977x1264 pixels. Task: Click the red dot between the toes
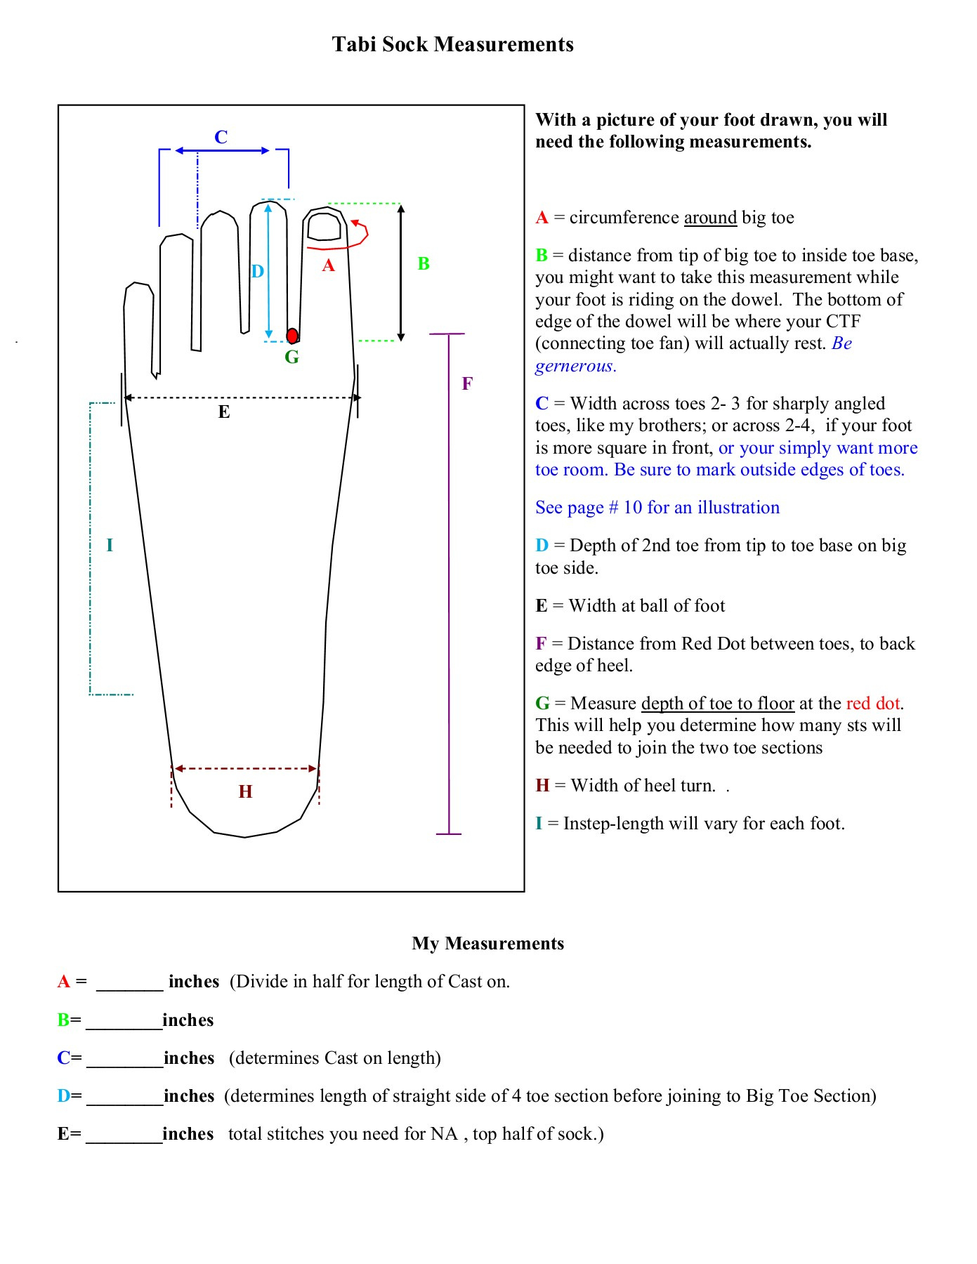point(292,336)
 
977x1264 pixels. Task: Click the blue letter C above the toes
point(221,137)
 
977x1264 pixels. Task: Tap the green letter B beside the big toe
point(424,264)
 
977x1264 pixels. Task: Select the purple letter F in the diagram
point(467,383)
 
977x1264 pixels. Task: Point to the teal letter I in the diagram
point(110,545)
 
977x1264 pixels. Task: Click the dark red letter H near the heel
point(245,792)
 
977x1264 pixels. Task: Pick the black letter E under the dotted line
point(224,412)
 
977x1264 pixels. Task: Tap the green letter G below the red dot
point(291,357)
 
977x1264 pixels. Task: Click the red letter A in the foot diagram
point(328,265)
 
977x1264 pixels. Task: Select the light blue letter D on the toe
point(258,272)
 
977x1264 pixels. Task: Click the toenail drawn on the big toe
point(324,227)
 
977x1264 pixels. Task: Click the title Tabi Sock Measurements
point(452,44)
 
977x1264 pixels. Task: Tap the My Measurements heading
point(487,943)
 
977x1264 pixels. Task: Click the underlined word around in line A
point(710,218)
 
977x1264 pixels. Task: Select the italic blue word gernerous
point(575,366)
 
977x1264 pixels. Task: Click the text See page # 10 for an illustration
point(657,508)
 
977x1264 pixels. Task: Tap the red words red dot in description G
point(874,704)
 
